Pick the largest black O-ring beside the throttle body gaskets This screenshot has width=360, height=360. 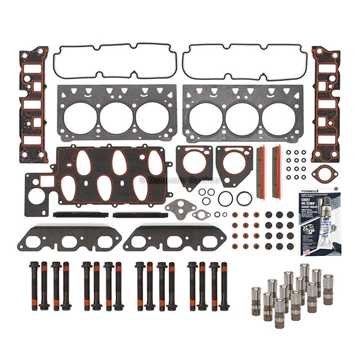(x=244, y=199)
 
